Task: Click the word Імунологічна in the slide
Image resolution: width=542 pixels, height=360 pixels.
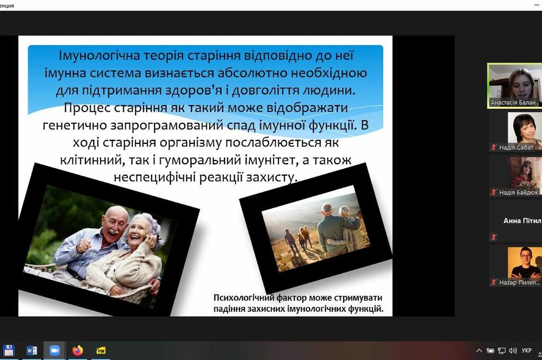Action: point(99,56)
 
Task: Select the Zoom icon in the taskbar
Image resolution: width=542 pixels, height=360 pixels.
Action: point(55,350)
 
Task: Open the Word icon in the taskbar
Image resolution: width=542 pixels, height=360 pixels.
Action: point(31,350)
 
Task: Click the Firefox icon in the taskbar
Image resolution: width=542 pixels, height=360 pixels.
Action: point(78,350)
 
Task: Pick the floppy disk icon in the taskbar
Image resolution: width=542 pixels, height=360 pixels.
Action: point(8,350)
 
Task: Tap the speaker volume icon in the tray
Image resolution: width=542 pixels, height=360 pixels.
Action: point(513,350)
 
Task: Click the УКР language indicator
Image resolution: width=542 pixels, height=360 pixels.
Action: point(527,350)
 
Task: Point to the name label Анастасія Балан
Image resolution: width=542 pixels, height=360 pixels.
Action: point(513,102)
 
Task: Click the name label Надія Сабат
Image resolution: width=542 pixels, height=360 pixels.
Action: point(516,147)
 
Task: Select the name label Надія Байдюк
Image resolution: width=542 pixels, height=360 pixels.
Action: point(519,192)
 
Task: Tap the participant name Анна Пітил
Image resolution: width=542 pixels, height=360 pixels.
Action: point(522,221)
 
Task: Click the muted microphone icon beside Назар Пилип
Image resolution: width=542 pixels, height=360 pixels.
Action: point(494,282)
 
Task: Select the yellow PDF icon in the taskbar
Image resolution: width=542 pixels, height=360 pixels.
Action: point(101,350)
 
